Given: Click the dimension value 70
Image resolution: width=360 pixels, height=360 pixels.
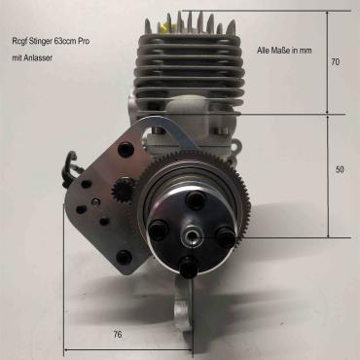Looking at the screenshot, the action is point(336,61).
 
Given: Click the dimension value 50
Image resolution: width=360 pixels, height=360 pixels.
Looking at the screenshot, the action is point(340,169).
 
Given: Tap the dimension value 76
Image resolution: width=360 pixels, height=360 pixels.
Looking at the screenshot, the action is point(118,334).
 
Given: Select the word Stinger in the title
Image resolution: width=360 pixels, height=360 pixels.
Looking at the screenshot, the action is point(39,42).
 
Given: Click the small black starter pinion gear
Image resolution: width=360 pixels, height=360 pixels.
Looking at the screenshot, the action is point(122,190).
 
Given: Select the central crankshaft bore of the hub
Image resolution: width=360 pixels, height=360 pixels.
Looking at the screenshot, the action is point(191,239).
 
